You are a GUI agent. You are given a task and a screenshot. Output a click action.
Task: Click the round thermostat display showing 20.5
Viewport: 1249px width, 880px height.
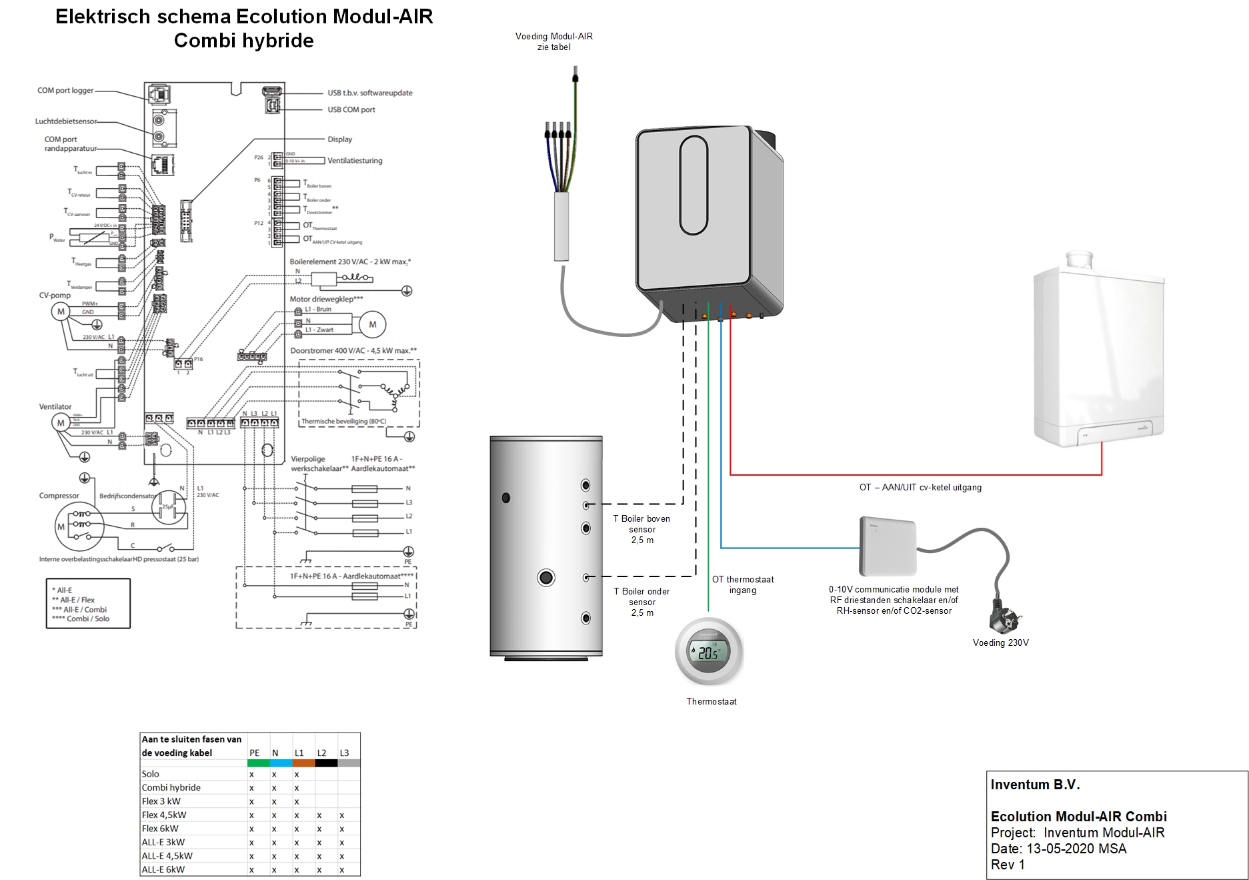(x=708, y=652)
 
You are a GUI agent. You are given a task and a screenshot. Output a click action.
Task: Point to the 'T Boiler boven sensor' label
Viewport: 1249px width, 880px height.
(x=642, y=529)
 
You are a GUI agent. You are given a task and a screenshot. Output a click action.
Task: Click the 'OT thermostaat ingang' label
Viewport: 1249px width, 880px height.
(x=742, y=584)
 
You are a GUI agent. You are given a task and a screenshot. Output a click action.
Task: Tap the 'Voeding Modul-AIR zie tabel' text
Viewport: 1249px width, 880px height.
(x=553, y=41)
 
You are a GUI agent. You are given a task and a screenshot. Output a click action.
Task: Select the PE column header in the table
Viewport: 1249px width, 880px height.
(x=254, y=753)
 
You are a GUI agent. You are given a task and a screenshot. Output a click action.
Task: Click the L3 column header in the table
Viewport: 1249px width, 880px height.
(x=344, y=753)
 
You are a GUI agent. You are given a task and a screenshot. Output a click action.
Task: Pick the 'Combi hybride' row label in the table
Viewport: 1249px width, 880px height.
(x=171, y=787)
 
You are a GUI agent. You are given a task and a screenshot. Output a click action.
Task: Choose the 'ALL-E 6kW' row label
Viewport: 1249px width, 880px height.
(x=163, y=869)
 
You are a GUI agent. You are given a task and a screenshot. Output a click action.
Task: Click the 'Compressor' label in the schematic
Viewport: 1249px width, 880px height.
(x=59, y=496)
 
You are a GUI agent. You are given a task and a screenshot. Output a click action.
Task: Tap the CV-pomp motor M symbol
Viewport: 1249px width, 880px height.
(x=61, y=312)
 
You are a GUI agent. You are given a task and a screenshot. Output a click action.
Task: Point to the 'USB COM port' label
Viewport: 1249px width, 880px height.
(x=351, y=109)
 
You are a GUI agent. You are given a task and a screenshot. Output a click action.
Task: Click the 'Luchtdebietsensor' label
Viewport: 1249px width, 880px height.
(x=65, y=121)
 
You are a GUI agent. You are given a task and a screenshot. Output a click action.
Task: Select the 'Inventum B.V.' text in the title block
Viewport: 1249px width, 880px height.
(x=1035, y=785)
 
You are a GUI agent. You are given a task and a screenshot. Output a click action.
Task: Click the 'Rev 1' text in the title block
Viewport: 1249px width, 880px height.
(x=1007, y=865)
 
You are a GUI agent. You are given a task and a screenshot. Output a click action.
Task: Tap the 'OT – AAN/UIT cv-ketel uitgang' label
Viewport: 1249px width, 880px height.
(x=920, y=488)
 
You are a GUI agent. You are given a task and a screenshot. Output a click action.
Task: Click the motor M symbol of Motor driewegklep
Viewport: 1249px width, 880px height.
(x=372, y=324)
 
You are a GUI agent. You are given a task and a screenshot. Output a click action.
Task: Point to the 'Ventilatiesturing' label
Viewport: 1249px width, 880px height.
(x=355, y=161)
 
